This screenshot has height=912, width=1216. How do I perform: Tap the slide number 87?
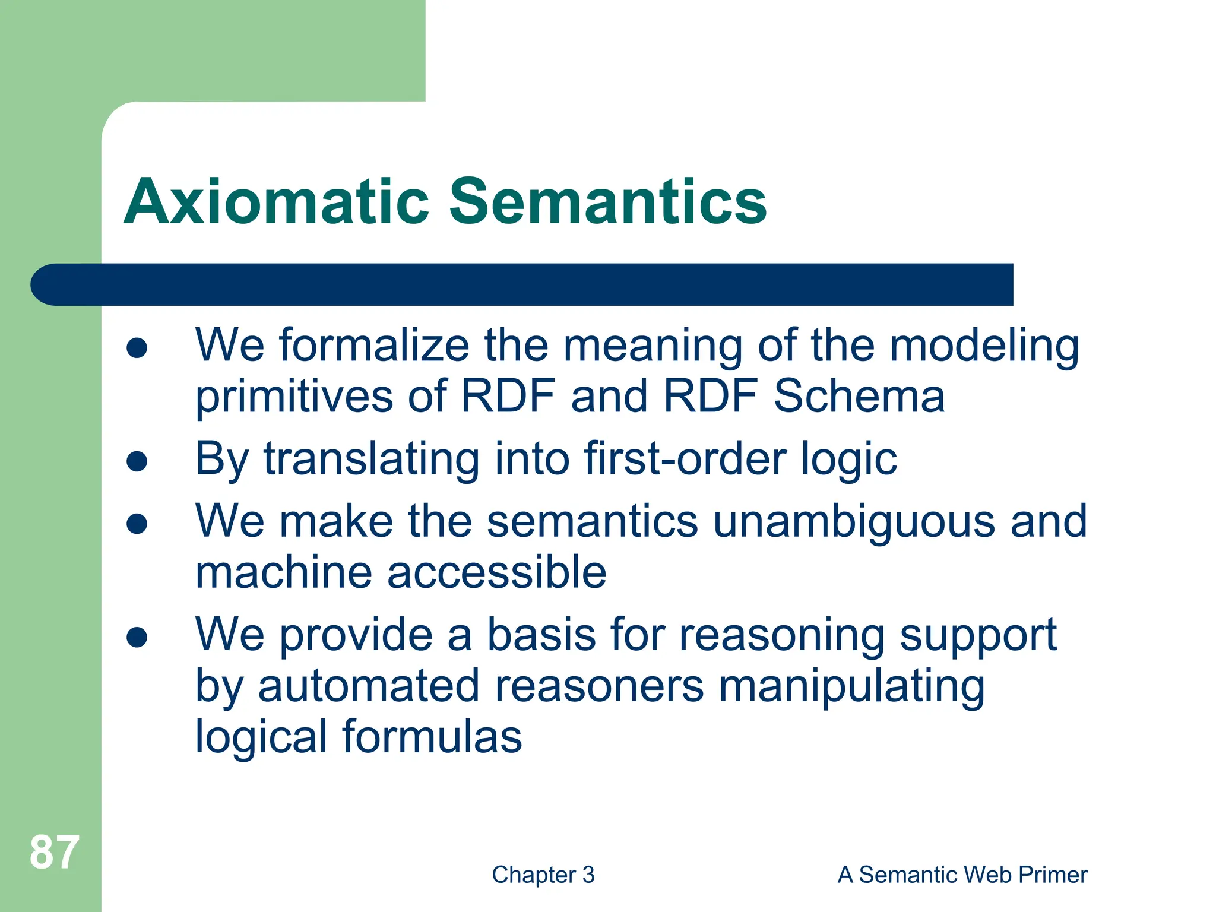coord(54,853)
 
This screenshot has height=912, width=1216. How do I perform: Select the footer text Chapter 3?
coord(543,875)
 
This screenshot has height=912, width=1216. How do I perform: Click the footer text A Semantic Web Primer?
coord(962,875)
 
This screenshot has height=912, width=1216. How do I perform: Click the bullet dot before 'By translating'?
coord(137,461)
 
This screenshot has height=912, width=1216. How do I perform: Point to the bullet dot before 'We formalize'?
coord(137,348)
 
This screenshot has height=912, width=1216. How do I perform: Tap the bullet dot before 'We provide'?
coord(137,637)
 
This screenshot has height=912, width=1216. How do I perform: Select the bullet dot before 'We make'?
coord(137,524)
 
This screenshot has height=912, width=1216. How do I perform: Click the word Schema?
coord(859,396)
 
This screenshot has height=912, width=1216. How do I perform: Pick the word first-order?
coord(685,459)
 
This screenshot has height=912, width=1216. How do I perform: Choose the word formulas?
coord(432,737)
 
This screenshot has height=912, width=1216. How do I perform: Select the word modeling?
coord(984,346)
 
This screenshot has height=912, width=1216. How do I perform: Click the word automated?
coord(368,686)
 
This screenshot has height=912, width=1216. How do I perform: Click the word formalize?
coord(375,345)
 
